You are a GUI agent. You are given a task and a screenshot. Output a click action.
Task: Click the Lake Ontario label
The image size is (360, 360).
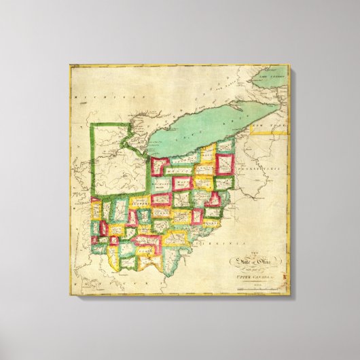277,79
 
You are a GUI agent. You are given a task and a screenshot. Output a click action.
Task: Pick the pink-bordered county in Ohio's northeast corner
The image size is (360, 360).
225,164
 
